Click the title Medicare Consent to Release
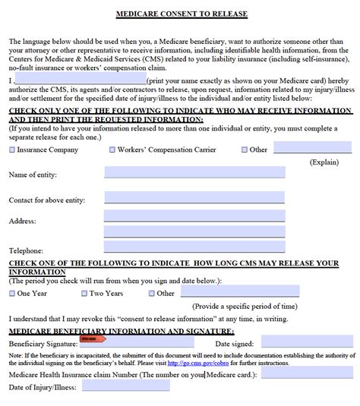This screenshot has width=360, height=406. (x=181, y=14)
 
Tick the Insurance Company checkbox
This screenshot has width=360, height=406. (x=11, y=150)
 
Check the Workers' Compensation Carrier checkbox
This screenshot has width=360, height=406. (x=112, y=150)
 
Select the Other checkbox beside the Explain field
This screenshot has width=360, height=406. (x=245, y=150)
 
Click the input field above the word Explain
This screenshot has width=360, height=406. (x=312, y=148)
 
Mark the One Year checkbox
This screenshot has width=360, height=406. (x=11, y=293)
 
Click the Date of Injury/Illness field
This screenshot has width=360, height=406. (x=126, y=386)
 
